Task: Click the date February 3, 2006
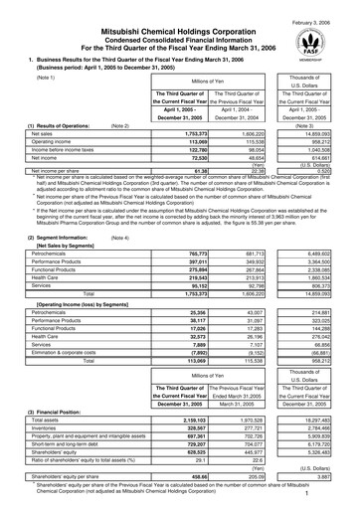pyautogui.click(x=323, y=7)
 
